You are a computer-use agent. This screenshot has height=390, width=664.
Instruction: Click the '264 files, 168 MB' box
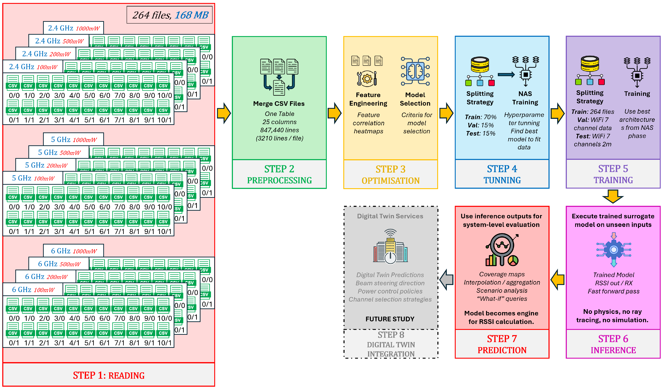pos(169,15)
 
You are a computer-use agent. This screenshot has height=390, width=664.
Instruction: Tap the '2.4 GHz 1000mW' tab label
pos(74,28)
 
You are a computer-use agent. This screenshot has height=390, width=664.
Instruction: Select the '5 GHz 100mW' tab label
pos(33,178)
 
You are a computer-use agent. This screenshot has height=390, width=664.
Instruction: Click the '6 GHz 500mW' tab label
pos(59,264)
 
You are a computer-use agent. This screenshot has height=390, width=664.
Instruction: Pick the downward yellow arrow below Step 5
pos(613,196)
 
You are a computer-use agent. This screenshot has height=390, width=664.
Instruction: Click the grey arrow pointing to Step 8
pos(446,280)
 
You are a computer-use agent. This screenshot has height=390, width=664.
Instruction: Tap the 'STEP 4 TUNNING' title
pos(502,174)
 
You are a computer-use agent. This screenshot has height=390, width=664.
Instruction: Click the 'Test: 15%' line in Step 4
pos(480,133)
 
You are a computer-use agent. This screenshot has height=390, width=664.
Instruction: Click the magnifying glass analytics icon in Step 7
pos(502,249)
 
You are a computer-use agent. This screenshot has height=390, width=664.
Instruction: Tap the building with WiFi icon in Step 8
pos(390,247)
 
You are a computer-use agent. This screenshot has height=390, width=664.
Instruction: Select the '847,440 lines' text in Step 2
pos(279,130)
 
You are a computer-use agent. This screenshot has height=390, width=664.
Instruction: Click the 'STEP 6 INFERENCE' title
pos(613,344)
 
